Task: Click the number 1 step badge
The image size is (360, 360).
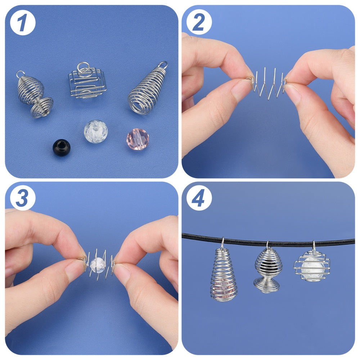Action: (x=22, y=22)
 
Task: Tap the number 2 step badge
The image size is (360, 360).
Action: (x=199, y=22)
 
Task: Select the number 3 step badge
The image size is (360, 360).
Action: (x=22, y=198)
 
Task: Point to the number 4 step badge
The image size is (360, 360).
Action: (x=199, y=198)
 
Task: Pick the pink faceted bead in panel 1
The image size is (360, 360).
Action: (x=138, y=139)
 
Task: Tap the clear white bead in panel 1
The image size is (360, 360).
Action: (x=96, y=131)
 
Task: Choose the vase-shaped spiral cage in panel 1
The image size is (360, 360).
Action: (x=35, y=95)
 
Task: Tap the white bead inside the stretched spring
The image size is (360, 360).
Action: (x=98, y=265)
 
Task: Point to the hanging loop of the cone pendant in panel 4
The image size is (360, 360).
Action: (x=222, y=243)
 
